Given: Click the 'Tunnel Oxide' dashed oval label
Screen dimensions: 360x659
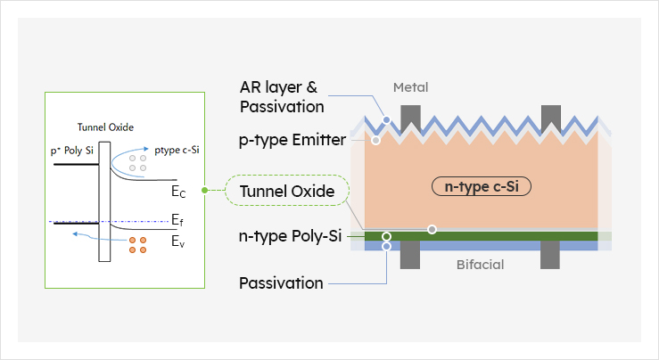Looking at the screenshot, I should pyautogui.click(x=280, y=191).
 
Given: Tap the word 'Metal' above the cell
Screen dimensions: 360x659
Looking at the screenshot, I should pyautogui.click(x=411, y=87).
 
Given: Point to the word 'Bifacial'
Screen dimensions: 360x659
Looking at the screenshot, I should pyautogui.click(x=481, y=265).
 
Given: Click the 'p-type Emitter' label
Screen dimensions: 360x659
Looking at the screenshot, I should pyautogui.click(x=292, y=141).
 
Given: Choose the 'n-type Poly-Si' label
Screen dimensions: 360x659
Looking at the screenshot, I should pyautogui.click(x=291, y=236).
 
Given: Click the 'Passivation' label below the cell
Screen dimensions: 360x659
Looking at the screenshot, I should pyautogui.click(x=281, y=283).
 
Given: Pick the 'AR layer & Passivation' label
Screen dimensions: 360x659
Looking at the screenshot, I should pyautogui.click(x=279, y=97).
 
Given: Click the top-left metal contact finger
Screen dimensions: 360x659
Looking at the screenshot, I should pyautogui.click(x=411, y=117).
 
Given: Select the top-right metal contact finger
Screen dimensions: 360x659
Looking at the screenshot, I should pyautogui.click(x=550, y=117).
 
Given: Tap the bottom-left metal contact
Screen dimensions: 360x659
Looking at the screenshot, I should pyautogui.click(x=411, y=258).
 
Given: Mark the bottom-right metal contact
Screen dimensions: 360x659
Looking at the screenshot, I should pyautogui.click(x=550, y=258).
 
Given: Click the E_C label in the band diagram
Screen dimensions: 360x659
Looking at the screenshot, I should pyautogui.click(x=178, y=191).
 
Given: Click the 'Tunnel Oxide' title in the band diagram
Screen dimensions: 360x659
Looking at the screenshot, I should pyautogui.click(x=104, y=127).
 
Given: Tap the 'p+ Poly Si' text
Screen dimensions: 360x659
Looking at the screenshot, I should pyautogui.click(x=73, y=151).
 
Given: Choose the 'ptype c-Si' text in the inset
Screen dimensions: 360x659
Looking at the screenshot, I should pyautogui.click(x=176, y=150).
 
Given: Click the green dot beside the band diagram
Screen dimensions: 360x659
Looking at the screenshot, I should pyautogui.click(x=205, y=191).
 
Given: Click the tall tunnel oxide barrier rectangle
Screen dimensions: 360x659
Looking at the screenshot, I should pyautogui.click(x=104, y=200).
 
